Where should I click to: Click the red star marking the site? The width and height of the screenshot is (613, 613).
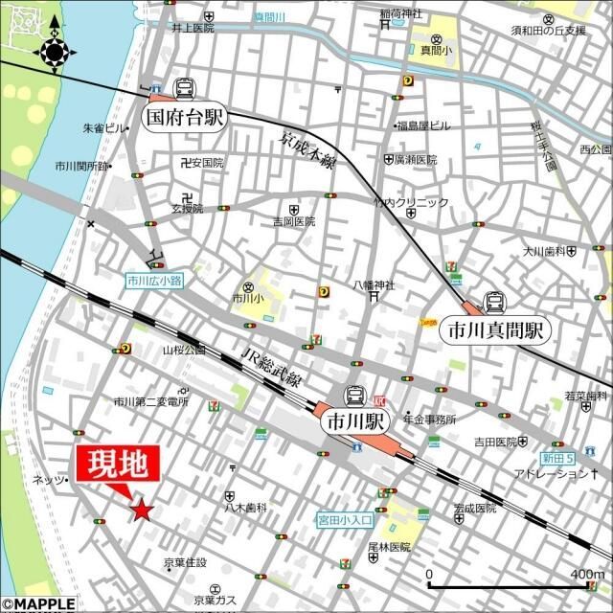point(142,511)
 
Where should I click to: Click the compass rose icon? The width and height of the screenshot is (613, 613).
point(54,51)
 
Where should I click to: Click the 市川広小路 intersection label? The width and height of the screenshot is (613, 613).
point(153,282)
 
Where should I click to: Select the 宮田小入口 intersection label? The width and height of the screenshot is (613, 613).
point(346,520)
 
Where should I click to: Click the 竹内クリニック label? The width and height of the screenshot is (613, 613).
point(411,202)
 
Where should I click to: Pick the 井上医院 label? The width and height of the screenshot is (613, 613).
point(193,29)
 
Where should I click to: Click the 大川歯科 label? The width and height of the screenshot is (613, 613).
point(543,252)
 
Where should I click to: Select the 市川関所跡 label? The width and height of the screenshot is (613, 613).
point(80,167)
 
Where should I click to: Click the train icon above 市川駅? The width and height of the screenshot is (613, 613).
point(354,395)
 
